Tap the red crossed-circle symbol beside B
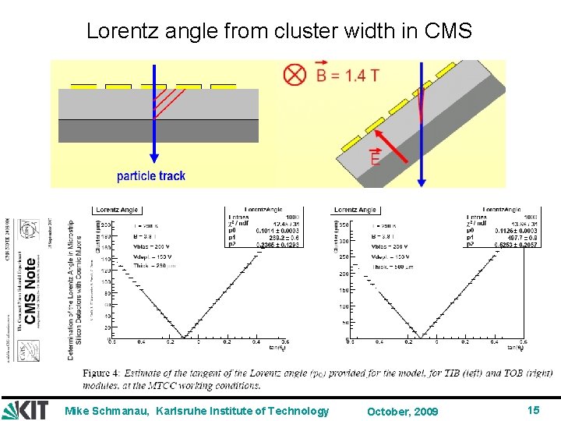pyautogui.click(x=295, y=76)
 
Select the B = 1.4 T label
pyautogui.click(x=347, y=76)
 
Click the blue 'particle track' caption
pyautogui.click(x=151, y=176)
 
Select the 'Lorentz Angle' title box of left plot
pyautogui.click(x=116, y=210)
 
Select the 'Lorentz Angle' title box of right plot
pyautogui.click(x=355, y=210)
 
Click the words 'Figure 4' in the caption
pyautogui.click(x=102, y=373)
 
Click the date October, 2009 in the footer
pyautogui.click(x=403, y=411)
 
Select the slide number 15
pyautogui.click(x=533, y=410)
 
